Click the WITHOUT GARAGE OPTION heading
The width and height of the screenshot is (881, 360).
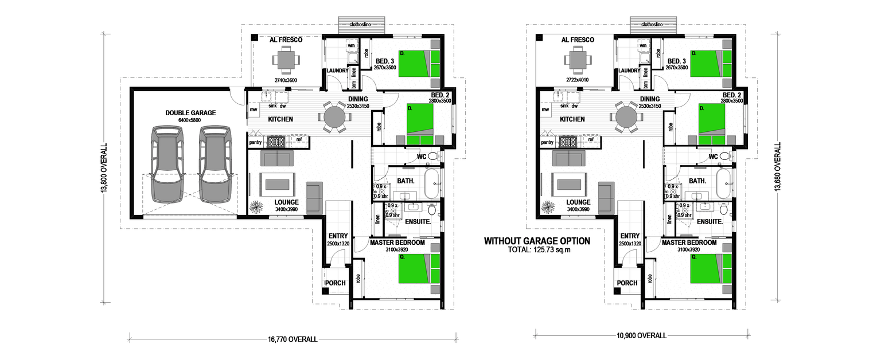(x=537, y=241)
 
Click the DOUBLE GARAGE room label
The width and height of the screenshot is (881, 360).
(x=190, y=113)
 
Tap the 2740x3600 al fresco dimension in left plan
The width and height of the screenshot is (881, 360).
(x=285, y=80)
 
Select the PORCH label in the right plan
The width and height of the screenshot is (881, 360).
(x=627, y=283)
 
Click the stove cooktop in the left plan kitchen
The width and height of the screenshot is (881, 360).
(x=276, y=141)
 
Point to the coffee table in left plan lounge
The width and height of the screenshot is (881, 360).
(x=277, y=184)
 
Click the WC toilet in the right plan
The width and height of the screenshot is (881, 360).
(x=724, y=156)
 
